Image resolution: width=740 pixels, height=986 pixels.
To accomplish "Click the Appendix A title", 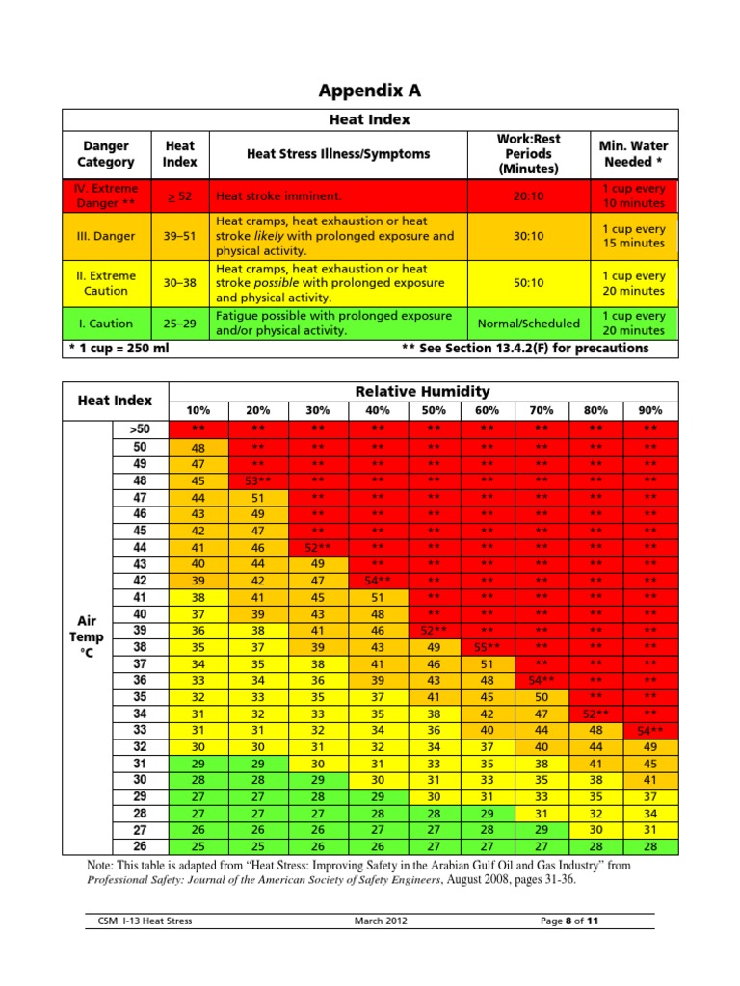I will pyautogui.click(x=370, y=91).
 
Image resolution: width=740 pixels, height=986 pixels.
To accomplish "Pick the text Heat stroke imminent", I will pyautogui.click(x=278, y=196).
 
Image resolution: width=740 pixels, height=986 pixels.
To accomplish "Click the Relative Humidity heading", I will pyautogui.click(x=423, y=391).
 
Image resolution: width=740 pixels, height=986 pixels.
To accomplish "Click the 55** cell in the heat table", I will pyautogui.click(x=486, y=646).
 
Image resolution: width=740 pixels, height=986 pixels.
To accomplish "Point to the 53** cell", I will pyautogui.click(x=258, y=480).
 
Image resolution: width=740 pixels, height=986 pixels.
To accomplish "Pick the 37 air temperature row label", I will pyautogui.click(x=140, y=662).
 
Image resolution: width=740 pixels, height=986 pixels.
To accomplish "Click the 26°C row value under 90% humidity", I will pyautogui.click(x=649, y=846).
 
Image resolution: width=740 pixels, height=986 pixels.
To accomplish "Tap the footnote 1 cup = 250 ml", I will pyautogui.click(x=117, y=348).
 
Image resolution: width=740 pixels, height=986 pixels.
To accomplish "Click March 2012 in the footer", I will pyautogui.click(x=381, y=921).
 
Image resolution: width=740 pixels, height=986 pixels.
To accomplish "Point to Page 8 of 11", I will pyautogui.click(x=569, y=921).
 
